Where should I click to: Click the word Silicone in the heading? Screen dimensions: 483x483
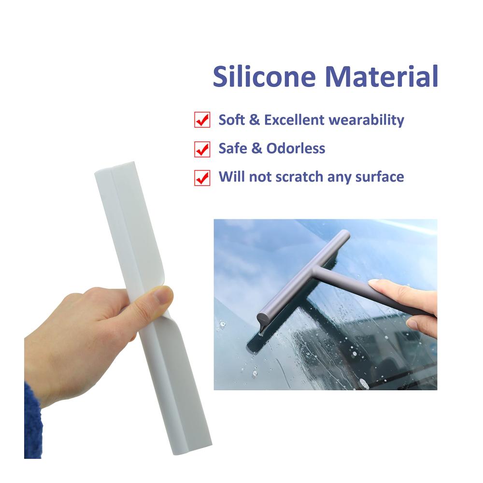point(264,76)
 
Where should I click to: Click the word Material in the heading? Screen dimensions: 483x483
point(382,76)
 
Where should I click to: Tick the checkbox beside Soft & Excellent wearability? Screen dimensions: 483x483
point(202,119)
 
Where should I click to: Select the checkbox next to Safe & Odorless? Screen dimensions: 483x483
point(202,149)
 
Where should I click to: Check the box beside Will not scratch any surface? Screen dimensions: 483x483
point(202,178)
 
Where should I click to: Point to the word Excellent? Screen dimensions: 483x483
point(294,120)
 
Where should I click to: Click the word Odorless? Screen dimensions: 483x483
point(296,148)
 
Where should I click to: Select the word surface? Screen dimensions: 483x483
point(380,177)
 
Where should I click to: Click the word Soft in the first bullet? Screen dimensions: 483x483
point(232,120)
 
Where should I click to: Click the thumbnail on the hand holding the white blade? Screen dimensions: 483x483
point(163,295)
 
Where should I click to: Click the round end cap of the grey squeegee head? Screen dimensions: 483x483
point(264,318)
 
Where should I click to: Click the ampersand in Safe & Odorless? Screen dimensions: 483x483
point(256,148)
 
